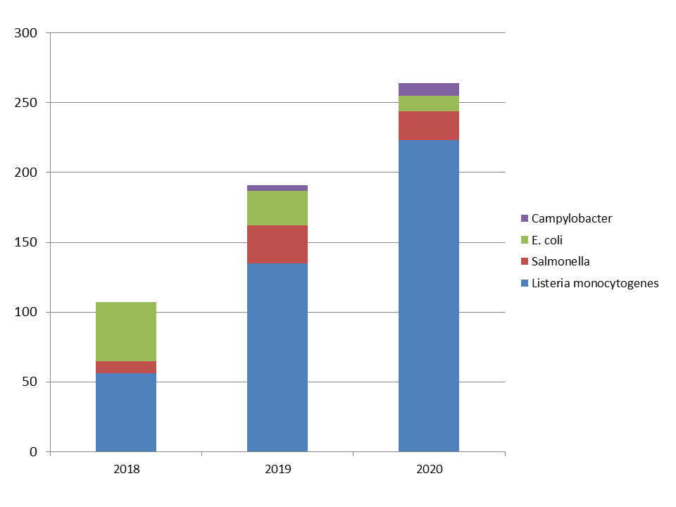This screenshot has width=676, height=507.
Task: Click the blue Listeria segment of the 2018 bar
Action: (x=126, y=412)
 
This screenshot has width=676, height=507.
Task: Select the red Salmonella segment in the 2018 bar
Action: (x=126, y=367)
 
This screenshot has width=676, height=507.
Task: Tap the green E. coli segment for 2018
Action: (x=126, y=332)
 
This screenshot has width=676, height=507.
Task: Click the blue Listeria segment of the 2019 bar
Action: (x=277, y=357)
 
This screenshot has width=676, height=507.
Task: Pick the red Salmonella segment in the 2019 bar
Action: (x=277, y=244)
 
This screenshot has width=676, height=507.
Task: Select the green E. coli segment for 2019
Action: (x=277, y=208)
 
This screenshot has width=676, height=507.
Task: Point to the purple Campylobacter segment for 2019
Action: (x=277, y=188)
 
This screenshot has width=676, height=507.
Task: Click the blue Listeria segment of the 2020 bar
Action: (x=429, y=296)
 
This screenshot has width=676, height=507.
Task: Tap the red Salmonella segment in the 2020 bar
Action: (x=429, y=126)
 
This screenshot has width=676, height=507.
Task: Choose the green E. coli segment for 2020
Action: (x=429, y=104)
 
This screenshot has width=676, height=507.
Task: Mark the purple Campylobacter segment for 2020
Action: (x=429, y=89)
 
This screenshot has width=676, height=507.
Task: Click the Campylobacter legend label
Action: (x=572, y=218)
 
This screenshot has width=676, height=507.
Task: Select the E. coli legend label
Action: (x=547, y=240)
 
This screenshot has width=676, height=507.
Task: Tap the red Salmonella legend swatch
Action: (x=525, y=262)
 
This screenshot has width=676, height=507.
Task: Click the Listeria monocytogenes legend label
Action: (x=595, y=284)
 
